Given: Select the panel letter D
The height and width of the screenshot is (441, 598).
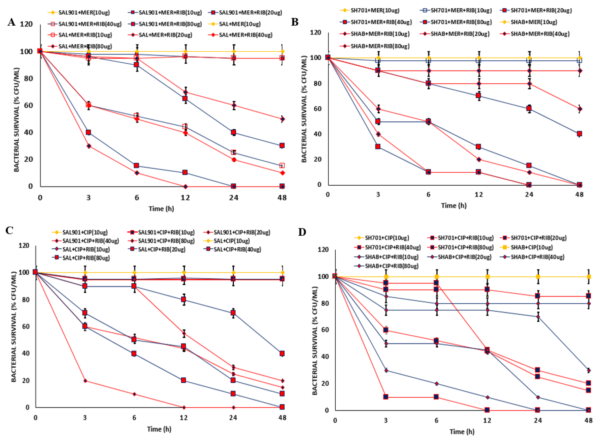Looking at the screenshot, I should coord(302,232).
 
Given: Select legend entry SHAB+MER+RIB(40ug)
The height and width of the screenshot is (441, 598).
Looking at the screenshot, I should coord(540,34).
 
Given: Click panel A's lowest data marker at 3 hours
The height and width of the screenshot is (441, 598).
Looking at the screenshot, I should coord(88,146).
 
